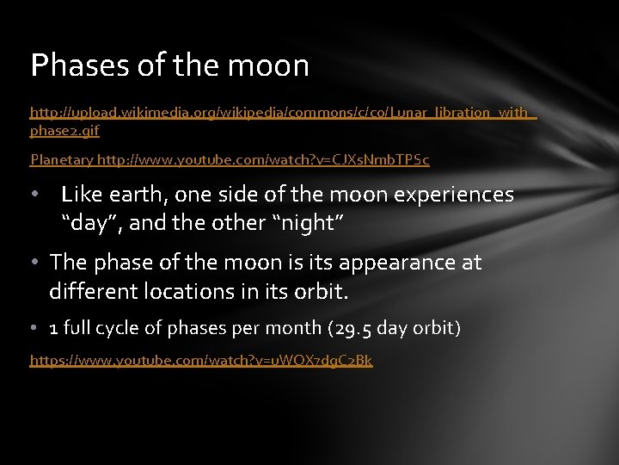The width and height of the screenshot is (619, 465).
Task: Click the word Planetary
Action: (x=61, y=159)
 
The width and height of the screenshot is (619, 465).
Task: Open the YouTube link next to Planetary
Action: (x=263, y=159)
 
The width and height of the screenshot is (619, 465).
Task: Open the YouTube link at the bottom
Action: (x=201, y=360)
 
